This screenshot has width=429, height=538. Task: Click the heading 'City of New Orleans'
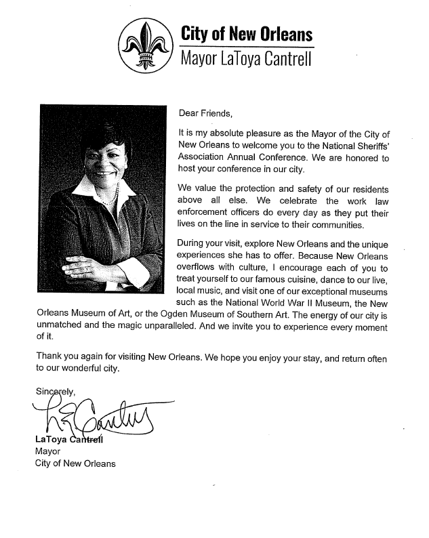pos(246,34)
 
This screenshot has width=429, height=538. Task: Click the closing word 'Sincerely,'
pos(57,391)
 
